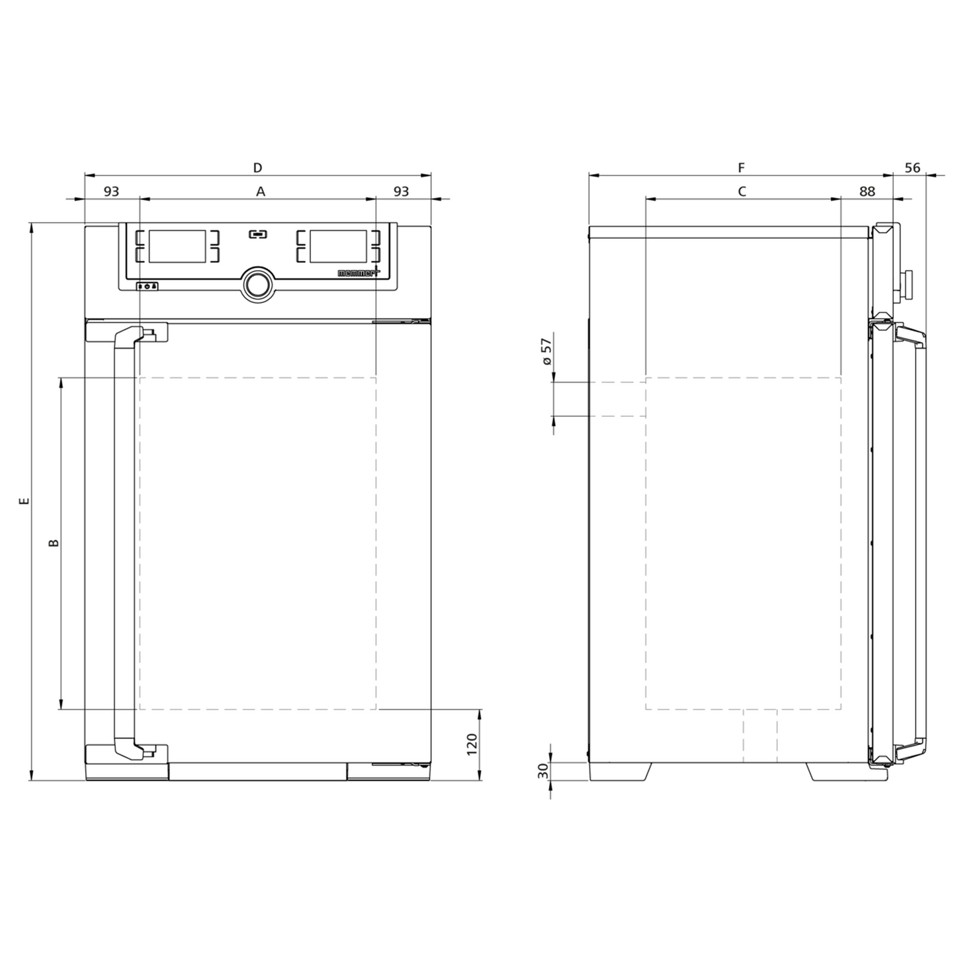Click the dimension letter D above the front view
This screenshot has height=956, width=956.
(257, 167)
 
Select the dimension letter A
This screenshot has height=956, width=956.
(261, 191)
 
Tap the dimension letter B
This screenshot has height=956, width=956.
(54, 543)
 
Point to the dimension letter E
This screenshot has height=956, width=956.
(24, 501)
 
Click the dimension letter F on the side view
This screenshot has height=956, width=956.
(741, 167)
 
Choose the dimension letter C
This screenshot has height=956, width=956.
(742, 191)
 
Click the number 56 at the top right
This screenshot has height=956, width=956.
(912, 167)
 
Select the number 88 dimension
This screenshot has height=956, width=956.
(867, 191)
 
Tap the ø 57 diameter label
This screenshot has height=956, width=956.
(546, 352)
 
